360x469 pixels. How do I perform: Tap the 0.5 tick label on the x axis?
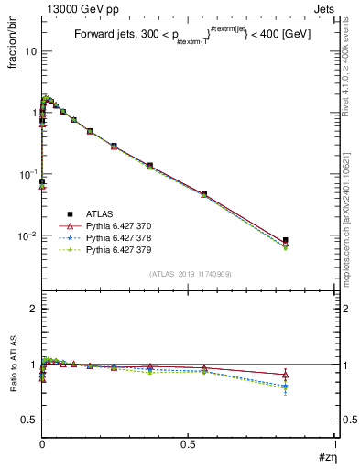[188, 444]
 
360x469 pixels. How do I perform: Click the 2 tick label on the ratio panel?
[32, 309]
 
